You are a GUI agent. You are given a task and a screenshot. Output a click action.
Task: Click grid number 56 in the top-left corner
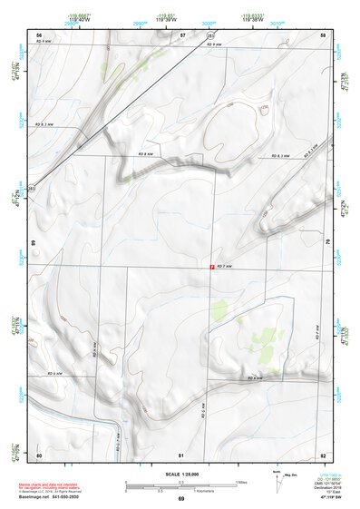click(40, 34)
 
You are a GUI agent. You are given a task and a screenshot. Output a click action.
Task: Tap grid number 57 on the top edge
click(181, 34)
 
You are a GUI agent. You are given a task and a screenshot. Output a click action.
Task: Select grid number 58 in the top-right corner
click(323, 34)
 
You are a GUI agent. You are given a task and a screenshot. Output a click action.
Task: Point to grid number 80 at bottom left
click(40, 454)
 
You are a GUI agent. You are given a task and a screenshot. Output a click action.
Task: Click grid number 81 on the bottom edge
click(181, 454)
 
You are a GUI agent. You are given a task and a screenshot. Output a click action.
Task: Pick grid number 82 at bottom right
click(323, 454)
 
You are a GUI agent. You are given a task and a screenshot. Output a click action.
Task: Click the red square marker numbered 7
click(212, 267)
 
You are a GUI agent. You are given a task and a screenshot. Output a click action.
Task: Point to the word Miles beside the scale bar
click(240, 481)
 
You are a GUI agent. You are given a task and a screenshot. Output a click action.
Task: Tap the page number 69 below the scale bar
click(180, 500)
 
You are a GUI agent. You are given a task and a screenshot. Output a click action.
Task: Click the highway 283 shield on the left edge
click(34, 187)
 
